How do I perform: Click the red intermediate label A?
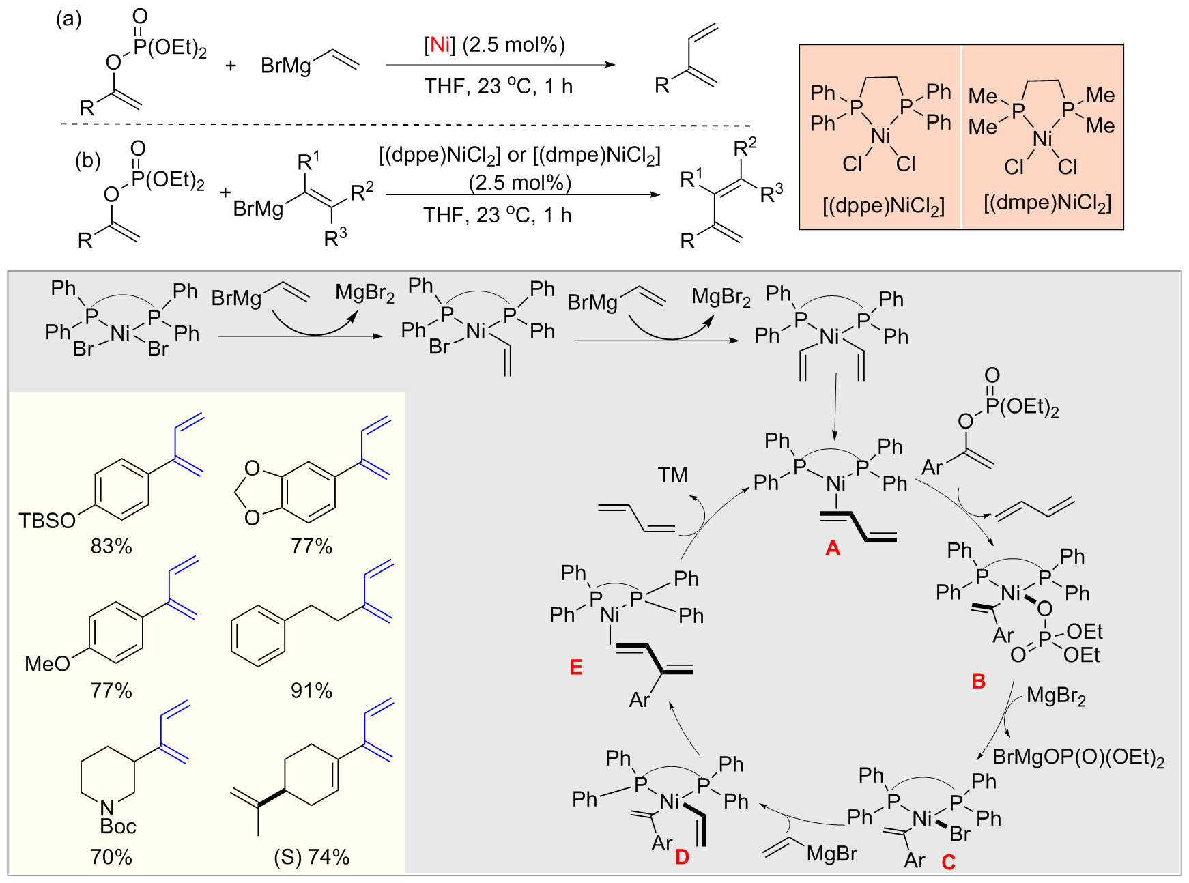[x=832, y=548]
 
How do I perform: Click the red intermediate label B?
[x=978, y=680]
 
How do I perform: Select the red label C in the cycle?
[x=948, y=863]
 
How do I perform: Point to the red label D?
[x=682, y=857]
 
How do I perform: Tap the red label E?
[x=576, y=667]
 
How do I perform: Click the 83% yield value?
[x=111, y=546]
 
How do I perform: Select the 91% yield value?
[x=311, y=691]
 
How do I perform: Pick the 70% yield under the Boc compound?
[x=111, y=856]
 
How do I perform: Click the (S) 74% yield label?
[x=312, y=856]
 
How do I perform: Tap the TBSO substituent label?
[x=46, y=521]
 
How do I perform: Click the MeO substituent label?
[x=47, y=663]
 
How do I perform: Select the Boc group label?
[x=118, y=826]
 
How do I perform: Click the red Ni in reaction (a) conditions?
[x=439, y=45]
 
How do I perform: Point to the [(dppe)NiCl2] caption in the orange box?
[x=883, y=205]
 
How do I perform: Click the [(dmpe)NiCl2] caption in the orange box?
[x=1047, y=203]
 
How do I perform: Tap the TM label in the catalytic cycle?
[x=672, y=475]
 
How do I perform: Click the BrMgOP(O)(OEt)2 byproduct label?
[x=1078, y=757]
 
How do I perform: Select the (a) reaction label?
[x=68, y=19]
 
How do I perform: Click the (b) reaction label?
[x=87, y=160]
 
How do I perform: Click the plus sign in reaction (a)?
[x=231, y=66]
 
